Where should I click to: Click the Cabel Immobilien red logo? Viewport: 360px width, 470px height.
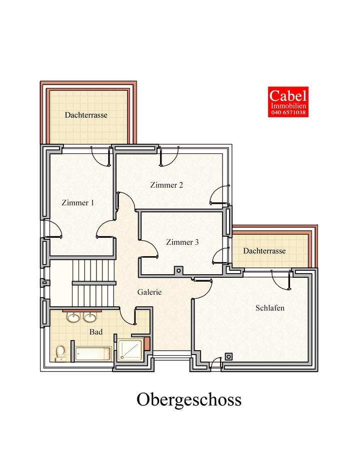click(x=288, y=101)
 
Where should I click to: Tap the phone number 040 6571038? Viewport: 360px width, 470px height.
click(x=288, y=113)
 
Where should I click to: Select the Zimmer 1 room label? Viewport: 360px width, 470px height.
click(x=77, y=203)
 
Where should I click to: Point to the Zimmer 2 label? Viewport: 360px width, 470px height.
click(x=166, y=185)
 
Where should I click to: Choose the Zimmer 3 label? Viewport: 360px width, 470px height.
click(x=182, y=242)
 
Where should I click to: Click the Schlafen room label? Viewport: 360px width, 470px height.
click(x=269, y=308)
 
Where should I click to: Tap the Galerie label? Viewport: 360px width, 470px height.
click(x=149, y=293)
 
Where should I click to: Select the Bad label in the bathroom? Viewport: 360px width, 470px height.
click(x=96, y=331)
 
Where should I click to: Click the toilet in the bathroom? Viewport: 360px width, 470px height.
click(x=60, y=353)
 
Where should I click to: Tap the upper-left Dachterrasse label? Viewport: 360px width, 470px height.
click(x=86, y=115)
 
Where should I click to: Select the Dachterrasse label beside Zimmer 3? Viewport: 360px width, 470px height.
click(x=264, y=251)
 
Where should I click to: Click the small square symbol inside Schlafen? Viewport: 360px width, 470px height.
click(x=229, y=357)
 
